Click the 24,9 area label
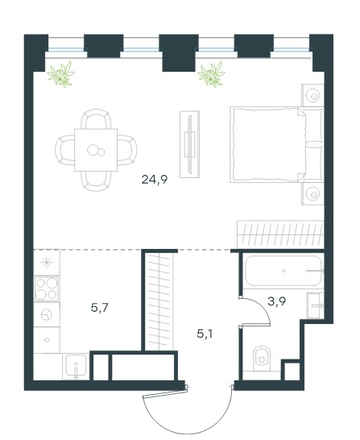coord(155,179)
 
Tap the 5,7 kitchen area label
coord(100,308)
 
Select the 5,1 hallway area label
coord(205,334)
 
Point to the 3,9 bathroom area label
coord(277,301)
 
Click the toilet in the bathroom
coord(261,359)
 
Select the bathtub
coord(283,271)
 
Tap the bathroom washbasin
coord(315,305)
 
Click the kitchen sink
coord(76,366)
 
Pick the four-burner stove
coord(47,288)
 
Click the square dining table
coord(96,150)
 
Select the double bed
coord(277,144)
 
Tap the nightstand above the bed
coord(312,95)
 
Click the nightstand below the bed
coord(312,193)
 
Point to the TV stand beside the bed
coord(189,144)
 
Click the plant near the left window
coord(61,74)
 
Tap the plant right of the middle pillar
coord(212,74)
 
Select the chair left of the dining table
coord(65,150)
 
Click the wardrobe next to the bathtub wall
coord(280,235)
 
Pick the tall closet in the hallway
coord(159,301)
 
